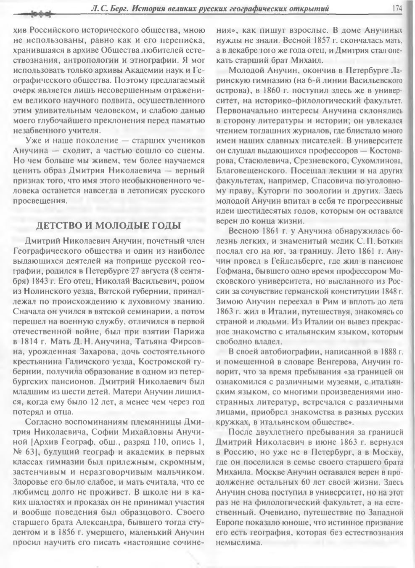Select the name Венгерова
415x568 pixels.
pos(338,361)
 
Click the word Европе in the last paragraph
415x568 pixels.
pos(230,522)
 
